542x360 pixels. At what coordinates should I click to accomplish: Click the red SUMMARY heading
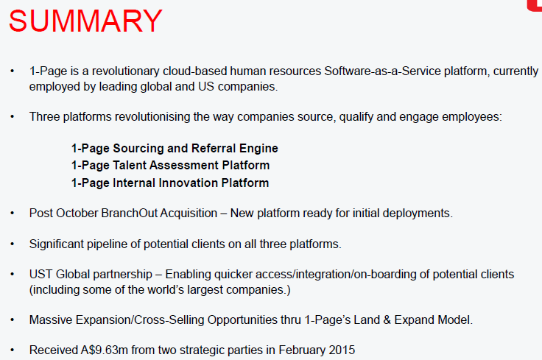coord(85,21)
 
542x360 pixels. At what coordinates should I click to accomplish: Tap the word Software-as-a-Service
coord(382,71)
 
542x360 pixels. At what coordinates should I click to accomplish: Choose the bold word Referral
coord(214,148)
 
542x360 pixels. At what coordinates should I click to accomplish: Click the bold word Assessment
coord(184,165)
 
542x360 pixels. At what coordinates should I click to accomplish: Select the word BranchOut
coord(129,213)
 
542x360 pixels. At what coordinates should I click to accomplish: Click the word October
coord(77,213)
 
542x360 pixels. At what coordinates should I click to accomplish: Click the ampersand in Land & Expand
coord(387,320)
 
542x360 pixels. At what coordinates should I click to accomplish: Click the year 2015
coord(342,350)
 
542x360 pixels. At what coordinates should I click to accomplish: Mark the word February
coord(302,350)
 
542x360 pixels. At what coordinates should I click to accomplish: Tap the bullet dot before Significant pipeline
coord(13,244)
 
